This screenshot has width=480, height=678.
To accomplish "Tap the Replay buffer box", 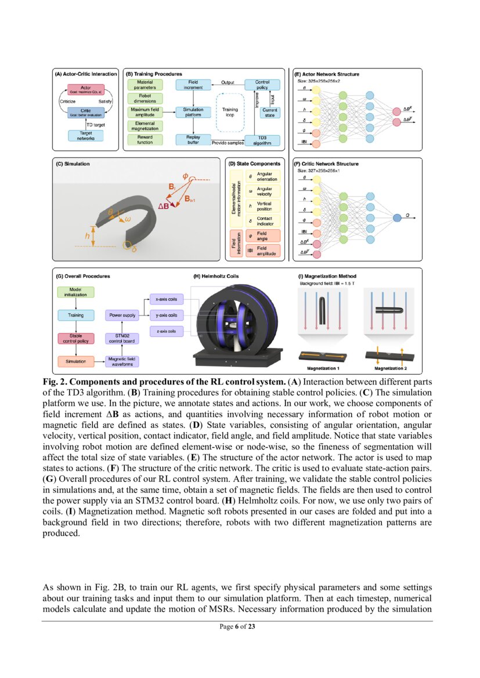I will (193, 139).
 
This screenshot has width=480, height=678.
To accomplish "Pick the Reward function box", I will (145, 139).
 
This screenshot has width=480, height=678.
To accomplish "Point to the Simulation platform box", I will (193, 112).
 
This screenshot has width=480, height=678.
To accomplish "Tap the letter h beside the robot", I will (86, 235).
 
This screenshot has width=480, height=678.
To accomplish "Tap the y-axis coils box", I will (167, 316).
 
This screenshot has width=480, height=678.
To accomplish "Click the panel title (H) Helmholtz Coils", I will (215, 276).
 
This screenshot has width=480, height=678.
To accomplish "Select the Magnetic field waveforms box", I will (123, 361).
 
